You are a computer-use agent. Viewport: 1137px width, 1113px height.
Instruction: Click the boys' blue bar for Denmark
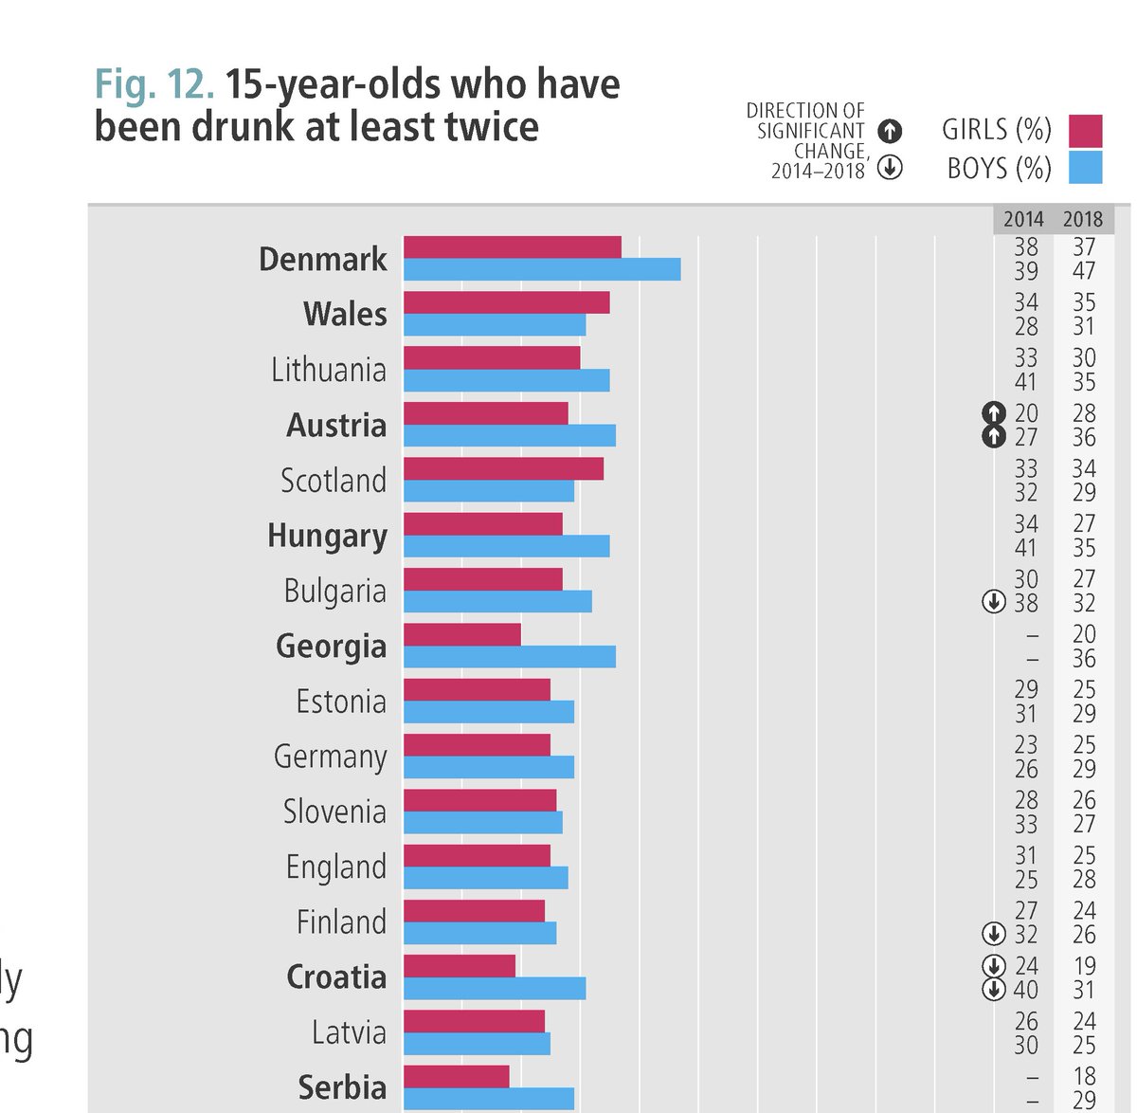[542, 269]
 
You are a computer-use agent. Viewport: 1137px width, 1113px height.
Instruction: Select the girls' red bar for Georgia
[462, 634]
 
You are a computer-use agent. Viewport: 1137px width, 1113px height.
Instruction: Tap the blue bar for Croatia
[495, 989]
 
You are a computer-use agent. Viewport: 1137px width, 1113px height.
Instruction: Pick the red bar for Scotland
[503, 468]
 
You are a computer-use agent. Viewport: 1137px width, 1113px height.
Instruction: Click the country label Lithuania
[329, 370]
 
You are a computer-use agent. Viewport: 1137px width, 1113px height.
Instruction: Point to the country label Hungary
[327, 536]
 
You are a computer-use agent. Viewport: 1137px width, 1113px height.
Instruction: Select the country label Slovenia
[334, 812]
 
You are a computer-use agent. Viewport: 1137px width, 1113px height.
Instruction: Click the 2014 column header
[1023, 219]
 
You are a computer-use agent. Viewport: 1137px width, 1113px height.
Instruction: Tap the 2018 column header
[1082, 219]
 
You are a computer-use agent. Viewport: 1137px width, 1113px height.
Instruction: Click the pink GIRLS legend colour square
[1085, 131]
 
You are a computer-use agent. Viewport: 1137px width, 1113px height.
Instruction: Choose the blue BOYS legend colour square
[1085, 168]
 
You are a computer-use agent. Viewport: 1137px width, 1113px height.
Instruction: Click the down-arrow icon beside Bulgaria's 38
[993, 602]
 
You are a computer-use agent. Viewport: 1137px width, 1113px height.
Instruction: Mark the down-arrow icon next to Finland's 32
[993, 934]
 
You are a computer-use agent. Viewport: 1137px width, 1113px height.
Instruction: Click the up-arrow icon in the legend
[890, 132]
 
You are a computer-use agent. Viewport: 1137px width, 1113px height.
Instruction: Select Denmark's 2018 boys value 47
[1084, 271]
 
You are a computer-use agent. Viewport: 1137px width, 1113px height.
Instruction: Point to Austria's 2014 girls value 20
[1026, 413]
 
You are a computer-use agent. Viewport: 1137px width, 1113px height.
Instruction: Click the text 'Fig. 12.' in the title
[153, 84]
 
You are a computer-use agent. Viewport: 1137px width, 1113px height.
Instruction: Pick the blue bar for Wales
[495, 325]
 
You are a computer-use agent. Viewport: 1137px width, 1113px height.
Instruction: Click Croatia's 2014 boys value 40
[1026, 990]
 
